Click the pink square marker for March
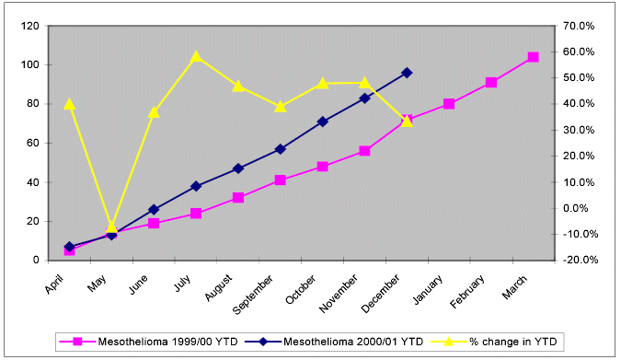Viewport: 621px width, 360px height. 533,57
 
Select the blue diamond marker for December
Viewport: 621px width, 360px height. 407,73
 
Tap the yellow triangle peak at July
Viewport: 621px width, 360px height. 196,57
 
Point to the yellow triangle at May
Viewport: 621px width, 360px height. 111,226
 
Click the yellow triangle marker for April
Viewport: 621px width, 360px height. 69,104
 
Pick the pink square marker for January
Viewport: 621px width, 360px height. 449,104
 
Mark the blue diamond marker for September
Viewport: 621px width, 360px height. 280,149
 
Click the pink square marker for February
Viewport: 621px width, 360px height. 491,83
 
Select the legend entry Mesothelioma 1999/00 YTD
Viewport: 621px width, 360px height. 148,342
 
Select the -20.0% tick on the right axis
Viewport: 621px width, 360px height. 581,261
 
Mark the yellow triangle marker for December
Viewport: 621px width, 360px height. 407,120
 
